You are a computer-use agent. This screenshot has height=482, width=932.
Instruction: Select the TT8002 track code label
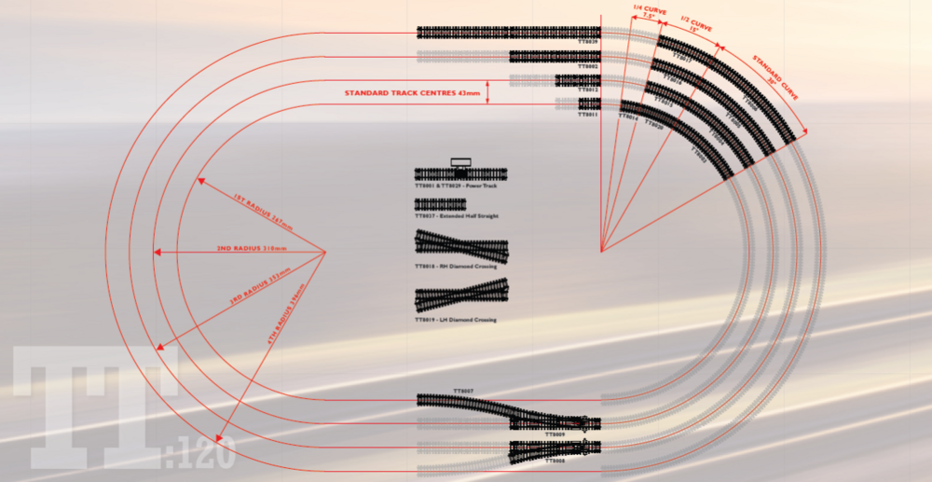[x=588, y=67]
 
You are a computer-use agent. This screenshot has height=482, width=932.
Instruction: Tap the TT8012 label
[x=588, y=90]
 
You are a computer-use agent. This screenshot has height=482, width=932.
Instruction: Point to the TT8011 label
[x=588, y=114]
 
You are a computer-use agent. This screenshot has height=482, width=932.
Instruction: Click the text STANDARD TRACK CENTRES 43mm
[x=413, y=93]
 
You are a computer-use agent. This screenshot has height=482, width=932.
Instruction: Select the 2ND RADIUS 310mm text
[x=249, y=249]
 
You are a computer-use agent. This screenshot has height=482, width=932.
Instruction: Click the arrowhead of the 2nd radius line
[x=157, y=253]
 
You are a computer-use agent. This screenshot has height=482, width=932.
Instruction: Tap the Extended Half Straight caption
[x=457, y=216]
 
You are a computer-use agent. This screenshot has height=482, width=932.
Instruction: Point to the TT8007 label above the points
[x=463, y=391]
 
